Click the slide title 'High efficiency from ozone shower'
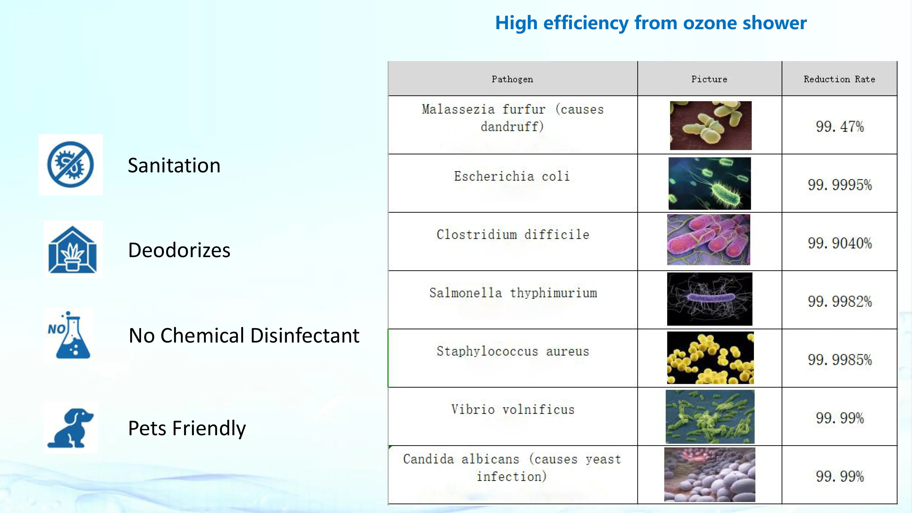click(x=651, y=23)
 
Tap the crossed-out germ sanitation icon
click(x=71, y=165)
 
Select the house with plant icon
click(x=73, y=249)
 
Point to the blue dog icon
click(x=71, y=428)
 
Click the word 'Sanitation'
click(x=174, y=165)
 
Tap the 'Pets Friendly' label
click(x=187, y=429)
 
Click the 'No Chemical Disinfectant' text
click(x=244, y=335)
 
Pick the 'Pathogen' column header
click(x=512, y=79)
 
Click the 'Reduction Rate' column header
click(x=839, y=79)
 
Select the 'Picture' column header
click(x=710, y=79)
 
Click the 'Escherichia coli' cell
click(x=512, y=176)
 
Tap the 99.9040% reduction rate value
click(x=840, y=243)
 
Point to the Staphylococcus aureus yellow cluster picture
click(x=710, y=358)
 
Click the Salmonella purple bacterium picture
click(x=710, y=299)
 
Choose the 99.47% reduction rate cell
click(x=840, y=127)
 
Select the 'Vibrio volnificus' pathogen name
click(x=513, y=410)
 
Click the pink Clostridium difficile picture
click(x=708, y=240)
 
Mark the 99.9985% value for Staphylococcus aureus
click(x=840, y=360)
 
